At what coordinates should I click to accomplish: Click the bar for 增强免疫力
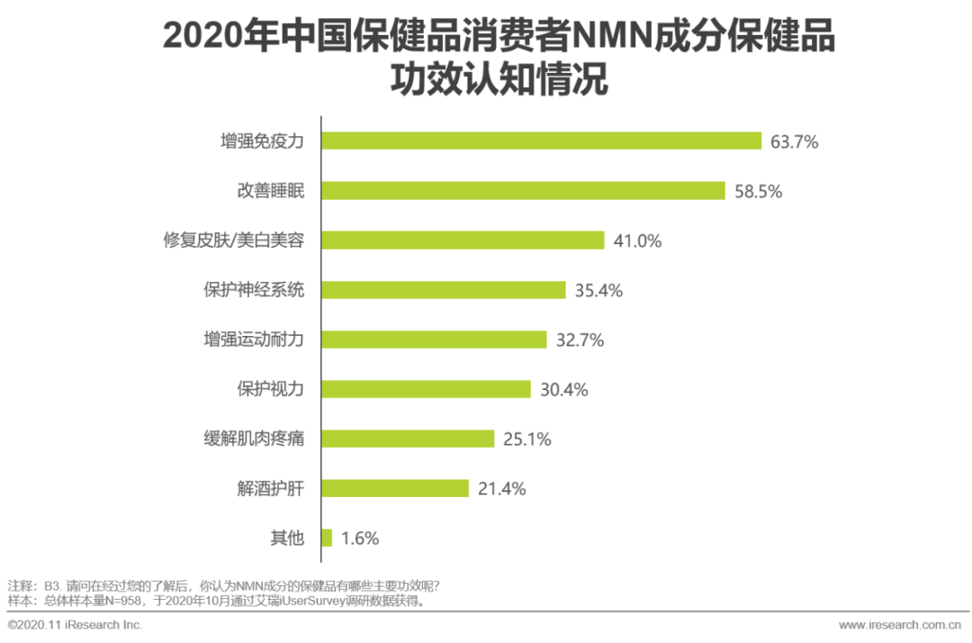pos(542,140)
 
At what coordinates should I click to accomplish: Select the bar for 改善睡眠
pos(523,190)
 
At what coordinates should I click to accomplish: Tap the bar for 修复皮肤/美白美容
pos(463,240)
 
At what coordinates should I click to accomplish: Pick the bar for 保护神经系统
pos(443,290)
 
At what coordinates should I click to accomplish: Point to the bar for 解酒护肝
pos(395,488)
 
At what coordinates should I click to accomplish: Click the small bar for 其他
pos(327,538)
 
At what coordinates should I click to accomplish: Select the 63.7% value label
pos(794,141)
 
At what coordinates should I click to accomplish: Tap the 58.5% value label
pos(758,191)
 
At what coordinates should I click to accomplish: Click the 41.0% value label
pos(637,240)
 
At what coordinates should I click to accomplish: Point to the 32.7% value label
pos(579,340)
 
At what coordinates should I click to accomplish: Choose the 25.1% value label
pos(526,439)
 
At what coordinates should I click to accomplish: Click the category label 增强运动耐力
pos(254,340)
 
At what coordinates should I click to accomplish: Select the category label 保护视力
pos(270,390)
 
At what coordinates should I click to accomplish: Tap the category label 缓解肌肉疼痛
pos(254,439)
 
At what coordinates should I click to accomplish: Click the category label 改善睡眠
pos(270,191)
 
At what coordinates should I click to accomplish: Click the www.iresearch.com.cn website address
pos(899,625)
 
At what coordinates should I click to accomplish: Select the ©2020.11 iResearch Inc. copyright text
pos(75,625)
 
